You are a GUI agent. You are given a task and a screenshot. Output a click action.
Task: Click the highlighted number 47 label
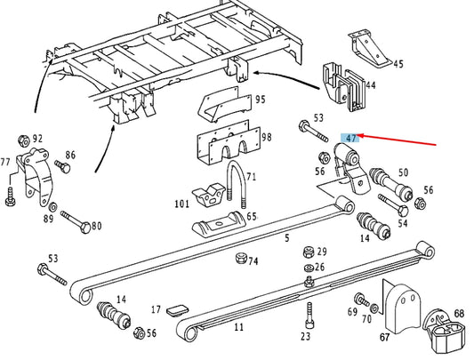click(351, 139)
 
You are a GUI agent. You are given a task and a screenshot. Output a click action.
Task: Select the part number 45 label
click(398, 63)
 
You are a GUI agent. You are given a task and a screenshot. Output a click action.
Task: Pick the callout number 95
click(260, 100)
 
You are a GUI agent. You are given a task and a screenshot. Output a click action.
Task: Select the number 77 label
click(6, 162)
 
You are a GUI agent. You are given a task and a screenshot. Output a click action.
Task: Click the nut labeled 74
click(239, 259)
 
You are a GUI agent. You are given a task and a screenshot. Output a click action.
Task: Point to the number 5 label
click(287, 237)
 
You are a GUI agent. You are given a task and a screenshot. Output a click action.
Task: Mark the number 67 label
click(383, 338)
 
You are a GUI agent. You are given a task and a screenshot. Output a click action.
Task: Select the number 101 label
click(181, 204)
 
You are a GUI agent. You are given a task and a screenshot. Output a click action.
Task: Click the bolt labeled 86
click(62, 166)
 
